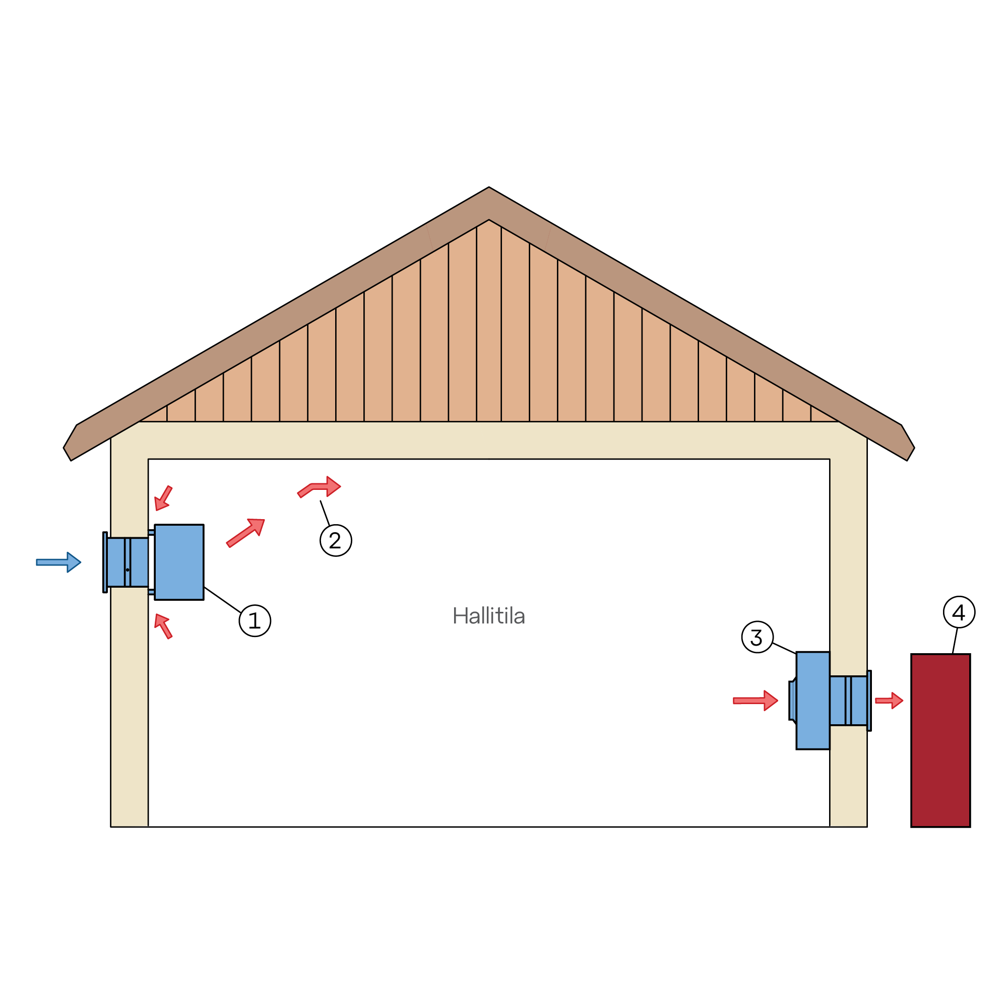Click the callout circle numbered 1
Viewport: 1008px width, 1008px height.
point(255,620)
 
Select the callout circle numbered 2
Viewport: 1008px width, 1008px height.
point(336,540)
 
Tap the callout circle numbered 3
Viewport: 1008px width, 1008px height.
point(757,637)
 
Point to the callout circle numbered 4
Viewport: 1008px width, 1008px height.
point(959,612)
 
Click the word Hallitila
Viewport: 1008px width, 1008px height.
point(488,616)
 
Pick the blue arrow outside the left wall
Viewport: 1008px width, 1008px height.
point(58,562)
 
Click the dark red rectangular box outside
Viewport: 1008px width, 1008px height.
point(940,740)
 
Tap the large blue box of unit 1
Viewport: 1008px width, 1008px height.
point(179,562)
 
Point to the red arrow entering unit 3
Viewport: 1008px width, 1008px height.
point(755,700)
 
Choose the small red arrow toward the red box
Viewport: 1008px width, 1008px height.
point(889,700)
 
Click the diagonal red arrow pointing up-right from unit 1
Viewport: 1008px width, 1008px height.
point(245,533)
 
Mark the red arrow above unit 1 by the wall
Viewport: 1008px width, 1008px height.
point(163,498)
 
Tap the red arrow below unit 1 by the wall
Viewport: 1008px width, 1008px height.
point(163,626)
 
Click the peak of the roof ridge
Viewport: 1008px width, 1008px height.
point(488,187)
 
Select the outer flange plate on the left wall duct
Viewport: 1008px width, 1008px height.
point(105,562)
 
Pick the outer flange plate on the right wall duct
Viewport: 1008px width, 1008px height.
point(869,700)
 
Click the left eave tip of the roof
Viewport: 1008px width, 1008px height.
point(64,448)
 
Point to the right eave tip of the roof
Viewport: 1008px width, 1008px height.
point(914,448)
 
